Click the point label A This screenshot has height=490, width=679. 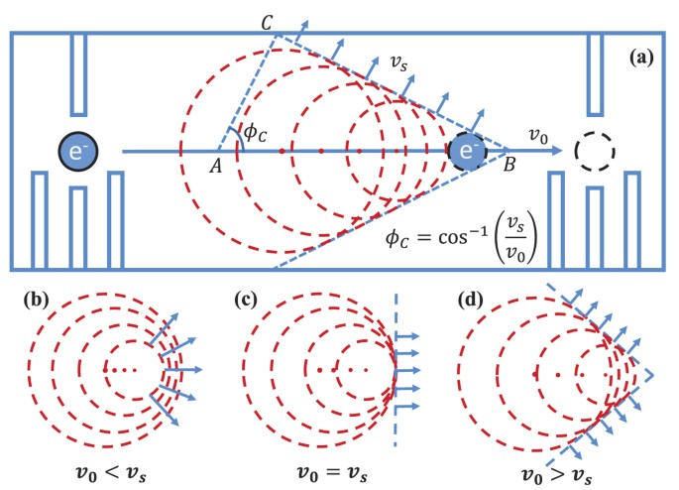[x=215, y=166]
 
